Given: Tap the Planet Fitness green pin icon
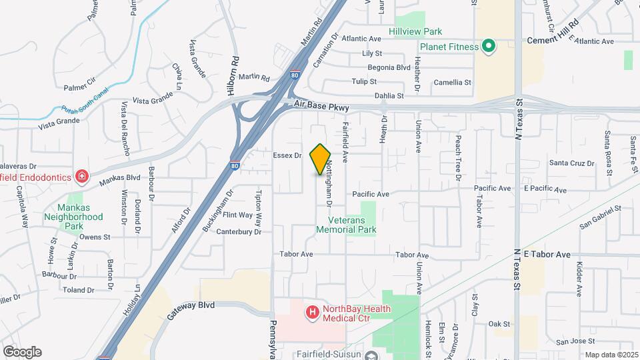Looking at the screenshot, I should [x=489, y=47].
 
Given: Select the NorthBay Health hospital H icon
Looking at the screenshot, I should [x=311, y=311].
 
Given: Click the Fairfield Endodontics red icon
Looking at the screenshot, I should [x=81, y=177].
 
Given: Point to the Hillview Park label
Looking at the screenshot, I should [x=415, y=31].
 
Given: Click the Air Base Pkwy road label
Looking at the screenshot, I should [x=323, y=105].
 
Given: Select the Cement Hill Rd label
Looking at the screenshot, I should [x=553, y=40].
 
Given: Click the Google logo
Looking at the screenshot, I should [x=22, y=351].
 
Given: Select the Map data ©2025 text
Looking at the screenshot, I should [x=611, y=355].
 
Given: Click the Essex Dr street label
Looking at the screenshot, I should [x=287, y=155].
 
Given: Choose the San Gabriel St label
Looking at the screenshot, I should [x=600, y=217].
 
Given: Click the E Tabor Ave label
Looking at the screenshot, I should [x=547, y=255].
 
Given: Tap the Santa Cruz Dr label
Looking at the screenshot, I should [x=571, y=163].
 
